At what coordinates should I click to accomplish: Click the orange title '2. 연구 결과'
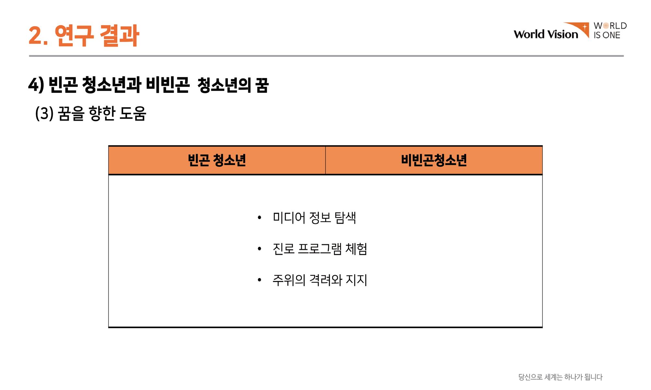84,35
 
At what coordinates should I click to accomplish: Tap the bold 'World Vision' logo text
546,34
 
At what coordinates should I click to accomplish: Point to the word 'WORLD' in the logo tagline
610,26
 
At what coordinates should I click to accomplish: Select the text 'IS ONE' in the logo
607,35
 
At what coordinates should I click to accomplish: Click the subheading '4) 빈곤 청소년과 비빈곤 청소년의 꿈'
148,85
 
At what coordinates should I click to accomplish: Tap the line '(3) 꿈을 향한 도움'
91,113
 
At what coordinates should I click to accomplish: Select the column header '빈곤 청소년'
217,160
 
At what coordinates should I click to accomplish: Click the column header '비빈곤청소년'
434,160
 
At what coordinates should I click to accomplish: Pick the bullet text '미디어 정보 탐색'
314,217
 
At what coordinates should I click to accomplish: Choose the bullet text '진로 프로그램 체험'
320,249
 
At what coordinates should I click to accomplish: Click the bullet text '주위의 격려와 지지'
320,280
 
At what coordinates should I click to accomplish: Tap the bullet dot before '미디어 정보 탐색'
259,217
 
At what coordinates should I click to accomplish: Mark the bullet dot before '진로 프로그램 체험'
259,249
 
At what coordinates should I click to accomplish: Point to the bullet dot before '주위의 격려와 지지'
259,280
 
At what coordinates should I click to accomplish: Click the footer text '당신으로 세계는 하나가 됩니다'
560,377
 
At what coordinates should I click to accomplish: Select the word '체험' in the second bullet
356,249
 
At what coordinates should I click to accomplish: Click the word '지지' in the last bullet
357,280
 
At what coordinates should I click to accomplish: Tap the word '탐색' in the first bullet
345,217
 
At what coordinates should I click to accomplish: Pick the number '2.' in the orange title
38,36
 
